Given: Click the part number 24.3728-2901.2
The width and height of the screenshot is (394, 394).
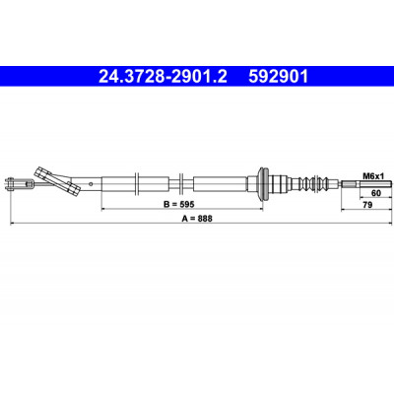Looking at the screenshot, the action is pyautogui.click(x=163, y=77).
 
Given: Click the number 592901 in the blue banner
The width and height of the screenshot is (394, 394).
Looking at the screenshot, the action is pyautogui.click(x=279, y=77).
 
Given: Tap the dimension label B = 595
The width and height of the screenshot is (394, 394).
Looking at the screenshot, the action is pyautogui.click(x=179, y=204).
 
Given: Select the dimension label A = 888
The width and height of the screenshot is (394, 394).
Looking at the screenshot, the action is pyautogui.click(x=197, y=219).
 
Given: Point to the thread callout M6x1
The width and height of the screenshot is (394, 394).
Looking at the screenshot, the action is pyautogui.click(x=373, y=176).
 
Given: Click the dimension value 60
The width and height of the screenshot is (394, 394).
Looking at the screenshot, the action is pyautogui.click(x=375, y=193).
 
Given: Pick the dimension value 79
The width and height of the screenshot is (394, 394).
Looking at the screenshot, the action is pyautogui.click(x=367, y=205).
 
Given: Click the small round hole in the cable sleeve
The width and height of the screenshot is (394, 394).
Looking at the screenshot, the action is pyautogui.click(x=93, y=183).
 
